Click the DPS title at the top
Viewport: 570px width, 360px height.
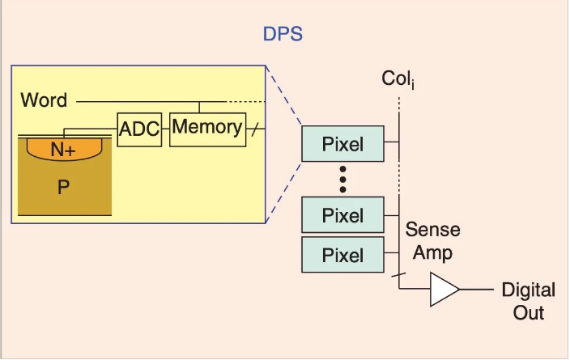283,35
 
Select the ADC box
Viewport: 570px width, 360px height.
139,129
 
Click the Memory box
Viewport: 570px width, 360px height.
206,128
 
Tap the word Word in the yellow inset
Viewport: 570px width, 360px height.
44,101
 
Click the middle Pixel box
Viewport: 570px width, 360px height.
343,216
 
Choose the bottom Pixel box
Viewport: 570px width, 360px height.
343,256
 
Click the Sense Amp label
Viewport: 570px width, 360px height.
432,240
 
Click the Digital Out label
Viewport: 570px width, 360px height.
528,301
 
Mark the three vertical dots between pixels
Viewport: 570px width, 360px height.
343,180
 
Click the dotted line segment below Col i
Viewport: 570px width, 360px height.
398,108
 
